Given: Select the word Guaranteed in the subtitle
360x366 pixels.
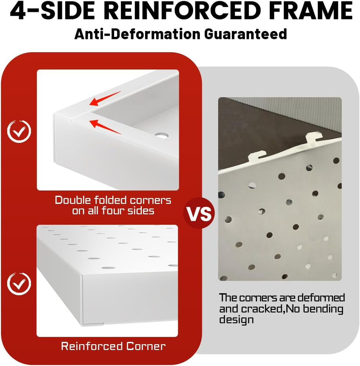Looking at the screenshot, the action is [x=246, y=34].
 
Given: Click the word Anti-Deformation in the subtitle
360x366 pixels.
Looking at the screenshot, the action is [x=138, y=34].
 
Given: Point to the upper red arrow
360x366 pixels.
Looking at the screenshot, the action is [x=105, y=99].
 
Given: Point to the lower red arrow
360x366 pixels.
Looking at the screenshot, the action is [x=105, y=127].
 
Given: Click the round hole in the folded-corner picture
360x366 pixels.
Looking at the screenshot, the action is [x=161, y=135].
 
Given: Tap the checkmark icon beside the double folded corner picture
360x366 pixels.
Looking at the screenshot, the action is [x=19, y=131].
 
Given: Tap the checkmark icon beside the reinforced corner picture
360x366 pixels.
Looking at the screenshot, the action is [x=19, y=284].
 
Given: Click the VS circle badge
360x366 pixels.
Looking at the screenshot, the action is [x=199, y=213].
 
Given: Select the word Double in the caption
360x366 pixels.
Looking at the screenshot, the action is [x=73, y=201].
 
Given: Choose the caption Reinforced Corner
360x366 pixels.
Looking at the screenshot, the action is [x=113, y=346].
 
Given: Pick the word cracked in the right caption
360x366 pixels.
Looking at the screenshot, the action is [x=262, y=309].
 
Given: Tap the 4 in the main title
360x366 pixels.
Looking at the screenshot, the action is [x=18, y=10].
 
